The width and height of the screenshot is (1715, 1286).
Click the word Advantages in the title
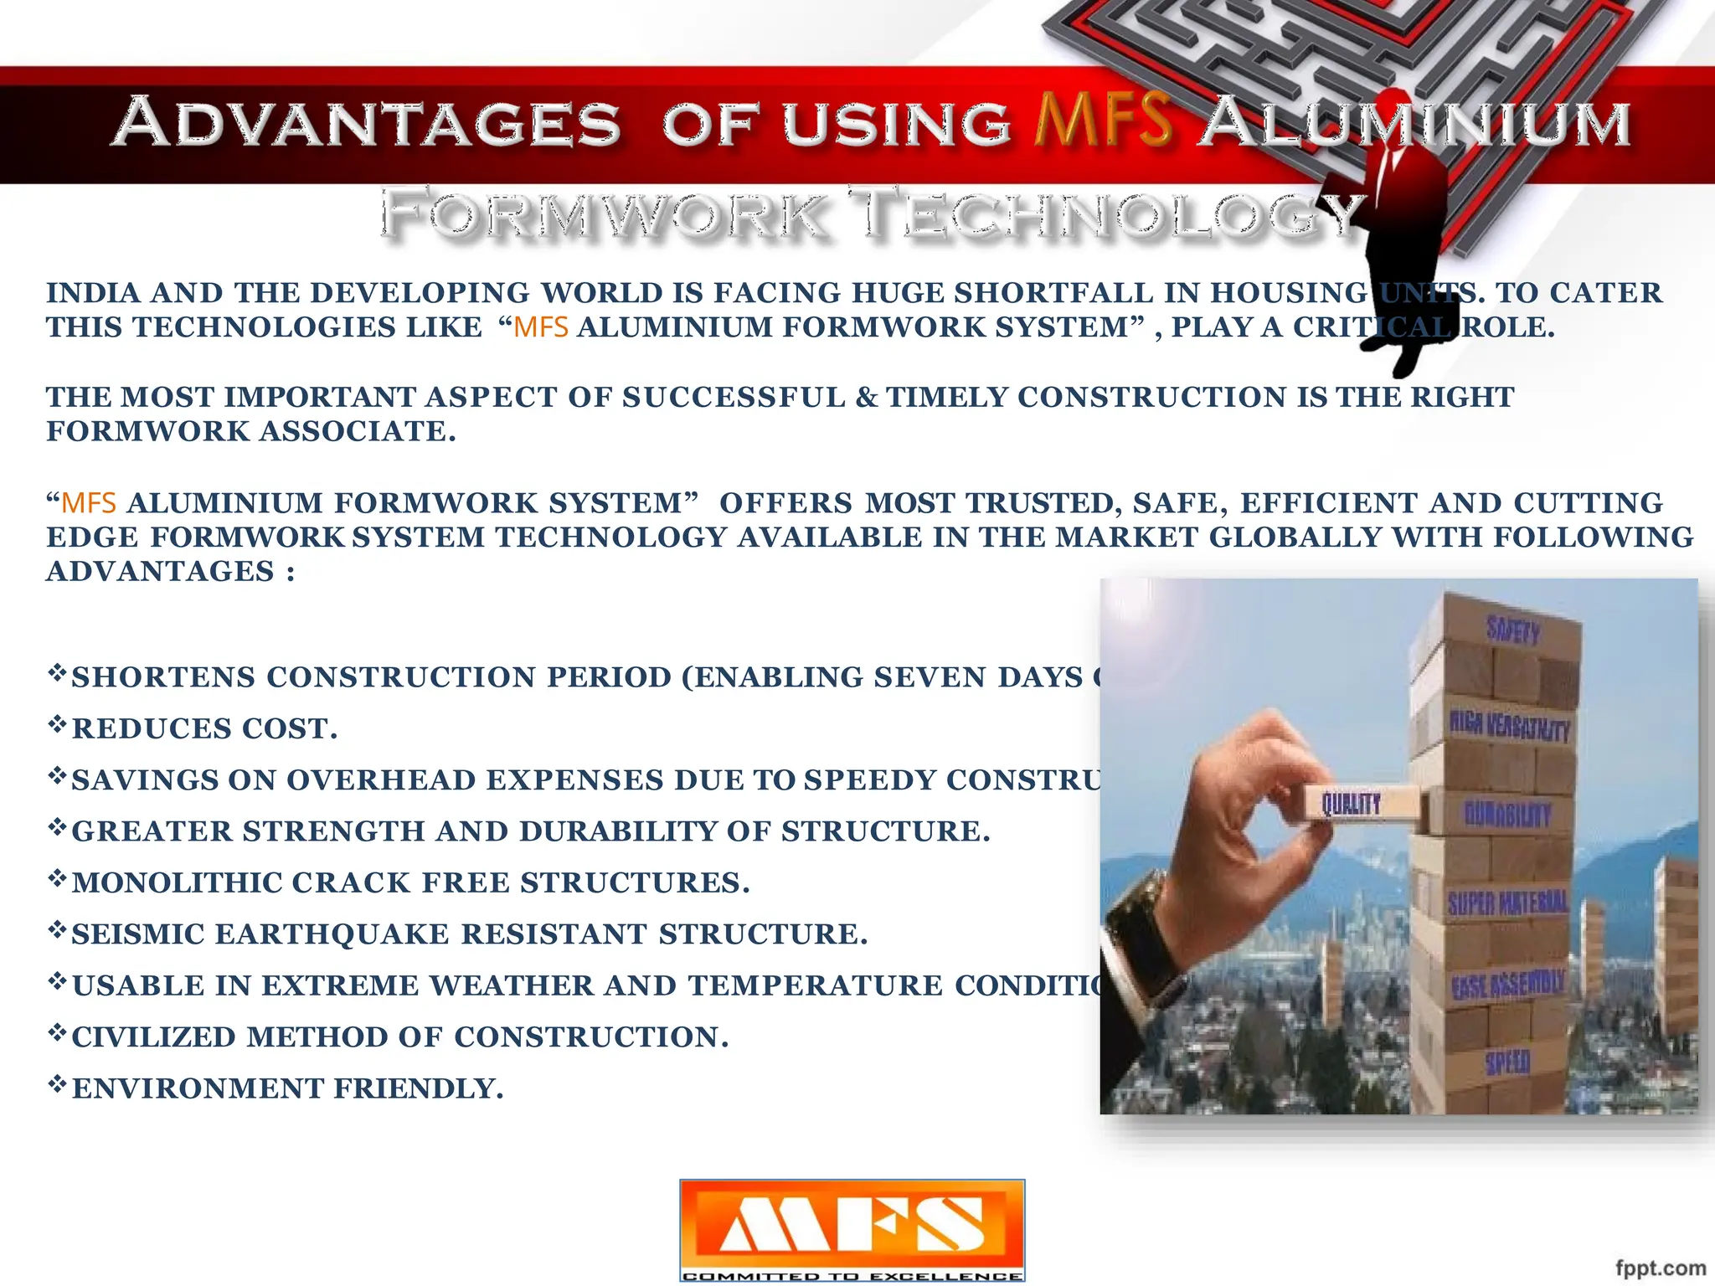click(367, 122)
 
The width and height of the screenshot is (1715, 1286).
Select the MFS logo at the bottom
click(852, 1223)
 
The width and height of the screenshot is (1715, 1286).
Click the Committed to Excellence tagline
click(852, 1276)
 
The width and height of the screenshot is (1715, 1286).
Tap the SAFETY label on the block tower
click(1512, 629)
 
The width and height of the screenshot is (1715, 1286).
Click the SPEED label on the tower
click(1507, 1062)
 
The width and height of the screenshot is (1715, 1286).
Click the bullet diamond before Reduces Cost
click(57, 724)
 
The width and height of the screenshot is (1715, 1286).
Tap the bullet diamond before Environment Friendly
click(57, 1084)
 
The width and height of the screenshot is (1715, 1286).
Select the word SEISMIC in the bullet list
click(138, 934)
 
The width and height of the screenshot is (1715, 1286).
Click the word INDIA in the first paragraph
click(93, 293)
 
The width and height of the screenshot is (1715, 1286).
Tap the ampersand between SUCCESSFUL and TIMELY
click(866, 397)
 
